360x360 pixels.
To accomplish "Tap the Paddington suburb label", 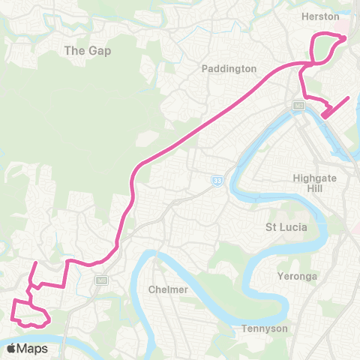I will coord(229,68).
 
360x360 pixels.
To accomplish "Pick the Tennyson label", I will coord(265,328).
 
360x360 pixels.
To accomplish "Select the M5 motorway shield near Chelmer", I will coord(102,280).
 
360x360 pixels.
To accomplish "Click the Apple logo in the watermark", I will coord(12,348).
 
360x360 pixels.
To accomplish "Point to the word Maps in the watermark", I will coord(33,348).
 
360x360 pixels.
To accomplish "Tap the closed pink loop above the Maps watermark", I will coord(30,315).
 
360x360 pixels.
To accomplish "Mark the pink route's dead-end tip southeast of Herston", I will coord(349,97).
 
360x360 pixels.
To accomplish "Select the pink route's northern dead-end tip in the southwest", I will coord(35,262).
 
